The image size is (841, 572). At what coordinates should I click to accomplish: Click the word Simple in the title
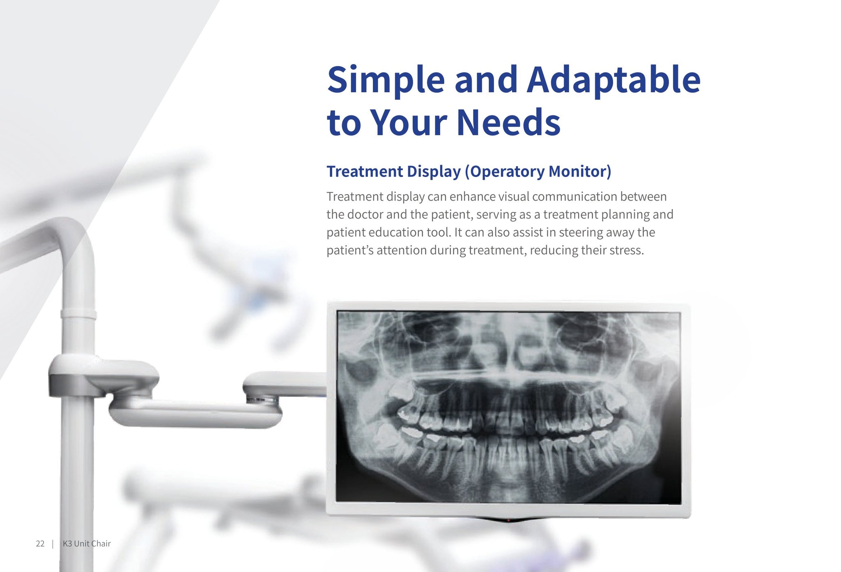tap(386, 80)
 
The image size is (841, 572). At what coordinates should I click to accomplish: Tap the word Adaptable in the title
tap(614, 80)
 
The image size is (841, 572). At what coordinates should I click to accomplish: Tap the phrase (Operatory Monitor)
tap(538, 172)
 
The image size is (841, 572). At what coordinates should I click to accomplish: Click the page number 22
tap(40, 544)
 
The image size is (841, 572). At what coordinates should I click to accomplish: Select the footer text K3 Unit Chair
tap(87, 544)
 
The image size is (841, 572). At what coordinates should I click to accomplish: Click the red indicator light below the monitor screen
tap(508, 520)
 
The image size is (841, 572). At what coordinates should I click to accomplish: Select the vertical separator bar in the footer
tap(53, 544)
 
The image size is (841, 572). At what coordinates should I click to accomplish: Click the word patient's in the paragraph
tap(350, 250)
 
